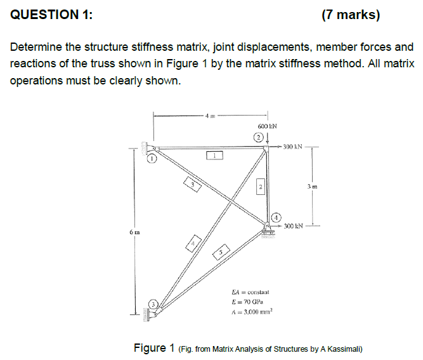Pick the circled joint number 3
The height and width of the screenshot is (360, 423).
click(152, 303)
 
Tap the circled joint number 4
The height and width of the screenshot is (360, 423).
click(277, 217)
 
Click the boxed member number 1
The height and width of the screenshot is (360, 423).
click(215, 154)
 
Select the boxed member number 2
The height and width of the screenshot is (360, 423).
click(259, 185)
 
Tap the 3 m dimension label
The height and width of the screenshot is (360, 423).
click(311, 187)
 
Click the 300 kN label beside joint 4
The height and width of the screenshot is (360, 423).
click(296, 226)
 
